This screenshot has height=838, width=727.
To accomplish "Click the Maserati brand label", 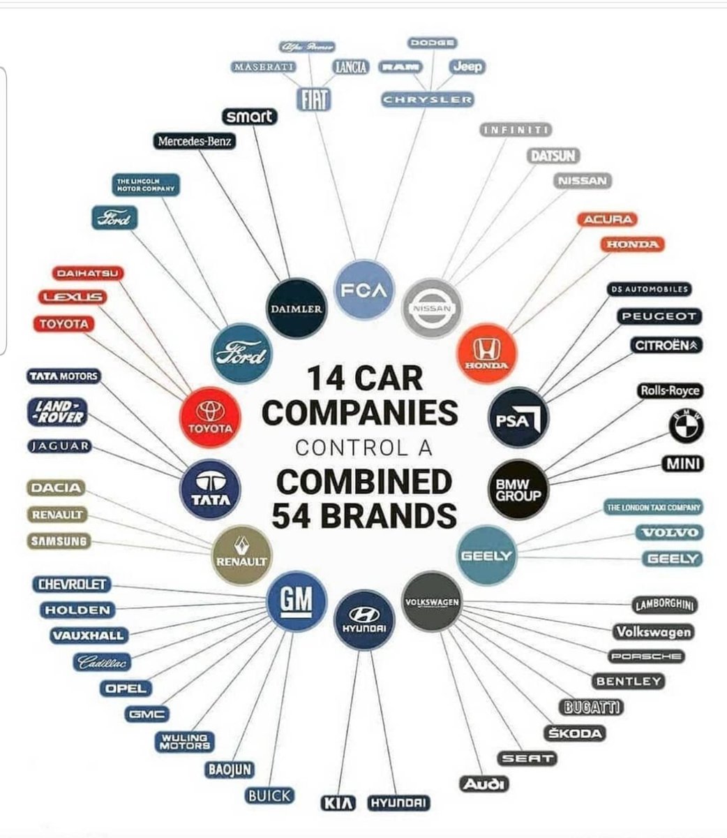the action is click(264, 67).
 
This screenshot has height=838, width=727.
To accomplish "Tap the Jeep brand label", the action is click(466, 67).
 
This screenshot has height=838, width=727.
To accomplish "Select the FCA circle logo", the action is click(365, 288).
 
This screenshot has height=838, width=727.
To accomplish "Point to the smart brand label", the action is click(249, 117).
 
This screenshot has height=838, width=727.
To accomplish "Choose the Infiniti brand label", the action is click(517, 130).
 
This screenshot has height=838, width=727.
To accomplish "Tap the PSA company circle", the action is click(518, 418).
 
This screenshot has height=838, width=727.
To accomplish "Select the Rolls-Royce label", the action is click(669, 391).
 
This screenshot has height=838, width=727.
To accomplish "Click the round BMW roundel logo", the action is click(686, 425).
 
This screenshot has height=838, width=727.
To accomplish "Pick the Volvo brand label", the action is click(669, 533).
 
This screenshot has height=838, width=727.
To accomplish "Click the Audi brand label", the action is click(484, 784).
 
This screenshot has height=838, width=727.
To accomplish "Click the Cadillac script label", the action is click(105, 662).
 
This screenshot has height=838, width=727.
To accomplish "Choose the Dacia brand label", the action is click(54, 488).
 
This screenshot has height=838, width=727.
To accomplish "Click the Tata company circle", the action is click(209, 487).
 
